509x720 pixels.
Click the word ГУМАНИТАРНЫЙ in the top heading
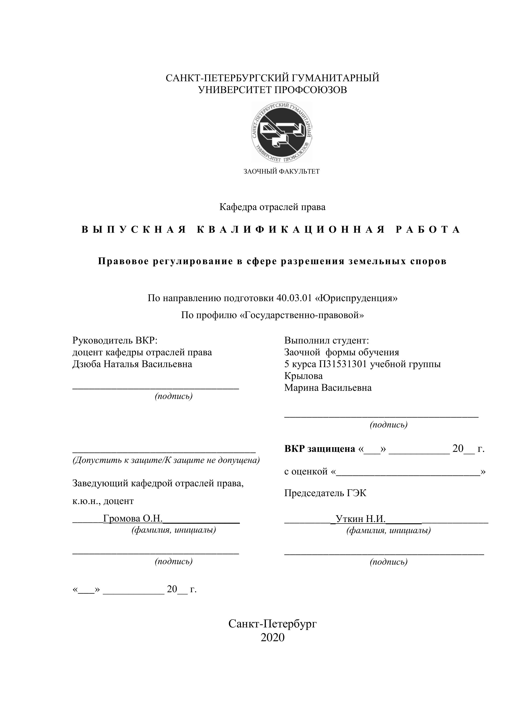(335, 78)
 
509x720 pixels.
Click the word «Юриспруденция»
(356, 298)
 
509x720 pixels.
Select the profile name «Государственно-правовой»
(302, 315)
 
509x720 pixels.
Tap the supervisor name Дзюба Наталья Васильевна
(132, 364)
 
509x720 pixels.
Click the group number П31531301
(343, 364)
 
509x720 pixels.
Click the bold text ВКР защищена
(319, 449)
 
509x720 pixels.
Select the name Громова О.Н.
(133, 518)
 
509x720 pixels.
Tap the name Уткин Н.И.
(360, 519)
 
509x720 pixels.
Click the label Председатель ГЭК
(325, 493)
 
